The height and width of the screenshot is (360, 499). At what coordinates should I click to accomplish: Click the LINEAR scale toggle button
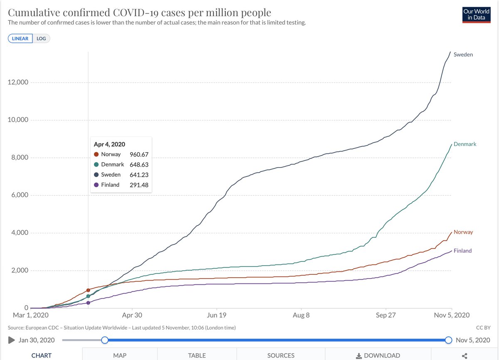click(x=20, y=39)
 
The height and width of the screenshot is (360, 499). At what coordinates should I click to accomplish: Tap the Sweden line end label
click(x=463, y=54)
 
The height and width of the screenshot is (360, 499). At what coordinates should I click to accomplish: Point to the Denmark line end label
click(x=465, y=144)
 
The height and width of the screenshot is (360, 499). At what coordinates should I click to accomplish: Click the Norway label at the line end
click(x=463, y=232)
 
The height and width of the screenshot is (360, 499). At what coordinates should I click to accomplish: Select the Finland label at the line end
click(x=462, y=251)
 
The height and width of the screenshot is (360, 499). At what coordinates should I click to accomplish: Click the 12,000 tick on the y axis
click(x=17, y=82)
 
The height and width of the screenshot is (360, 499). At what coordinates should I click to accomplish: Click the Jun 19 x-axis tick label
click(x=217, y=316)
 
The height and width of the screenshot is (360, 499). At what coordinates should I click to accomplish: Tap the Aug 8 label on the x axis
click(x=301, y=316)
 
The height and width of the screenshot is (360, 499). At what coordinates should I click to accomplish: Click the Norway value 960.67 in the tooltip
click(x=139, y=154)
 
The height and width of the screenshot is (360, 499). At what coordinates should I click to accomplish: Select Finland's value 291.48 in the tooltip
click(x=139, y=185)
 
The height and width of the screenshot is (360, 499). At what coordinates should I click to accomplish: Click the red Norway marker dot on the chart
click(x=88, y=290)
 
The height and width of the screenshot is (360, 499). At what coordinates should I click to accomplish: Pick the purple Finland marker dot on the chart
click(x=88, y=303)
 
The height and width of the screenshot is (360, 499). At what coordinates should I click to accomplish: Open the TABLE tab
click(x=197, y=355)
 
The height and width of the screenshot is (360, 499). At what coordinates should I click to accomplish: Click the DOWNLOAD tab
click(x=378, y=355)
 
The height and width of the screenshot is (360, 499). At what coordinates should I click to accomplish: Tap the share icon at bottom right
click(x=465, y=356)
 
